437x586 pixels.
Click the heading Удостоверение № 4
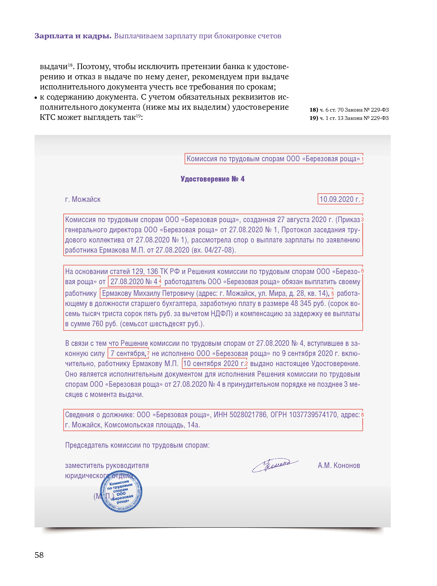coord(212,179)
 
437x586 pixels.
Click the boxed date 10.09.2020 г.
coord(340,199)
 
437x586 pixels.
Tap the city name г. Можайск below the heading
coord(83,199)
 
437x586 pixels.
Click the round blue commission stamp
coord(121,492)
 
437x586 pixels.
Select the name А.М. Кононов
coord(339,465)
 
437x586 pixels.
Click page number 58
coord(39,555)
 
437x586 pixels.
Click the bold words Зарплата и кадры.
coord(73,36)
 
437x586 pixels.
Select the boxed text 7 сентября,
coord(128,353)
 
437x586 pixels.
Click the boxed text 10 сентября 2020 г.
coord(213,363)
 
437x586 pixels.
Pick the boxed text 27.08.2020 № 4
coord(134,282)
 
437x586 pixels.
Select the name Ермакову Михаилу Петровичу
coord(148,293)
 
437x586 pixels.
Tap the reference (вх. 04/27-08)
coord(214,250)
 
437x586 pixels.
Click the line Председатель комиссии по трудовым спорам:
coord(137,445)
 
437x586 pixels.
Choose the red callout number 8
coord(362,415)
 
